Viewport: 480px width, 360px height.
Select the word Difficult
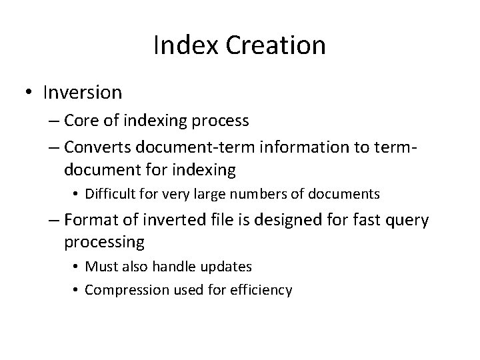(x=113, y=194)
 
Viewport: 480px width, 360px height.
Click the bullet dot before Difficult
(x=78, y=195)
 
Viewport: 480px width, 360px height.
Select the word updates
(x=227, y=267)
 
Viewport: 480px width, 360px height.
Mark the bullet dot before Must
(x=78, y=267)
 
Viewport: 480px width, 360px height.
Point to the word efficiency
(x=261, y=290)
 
